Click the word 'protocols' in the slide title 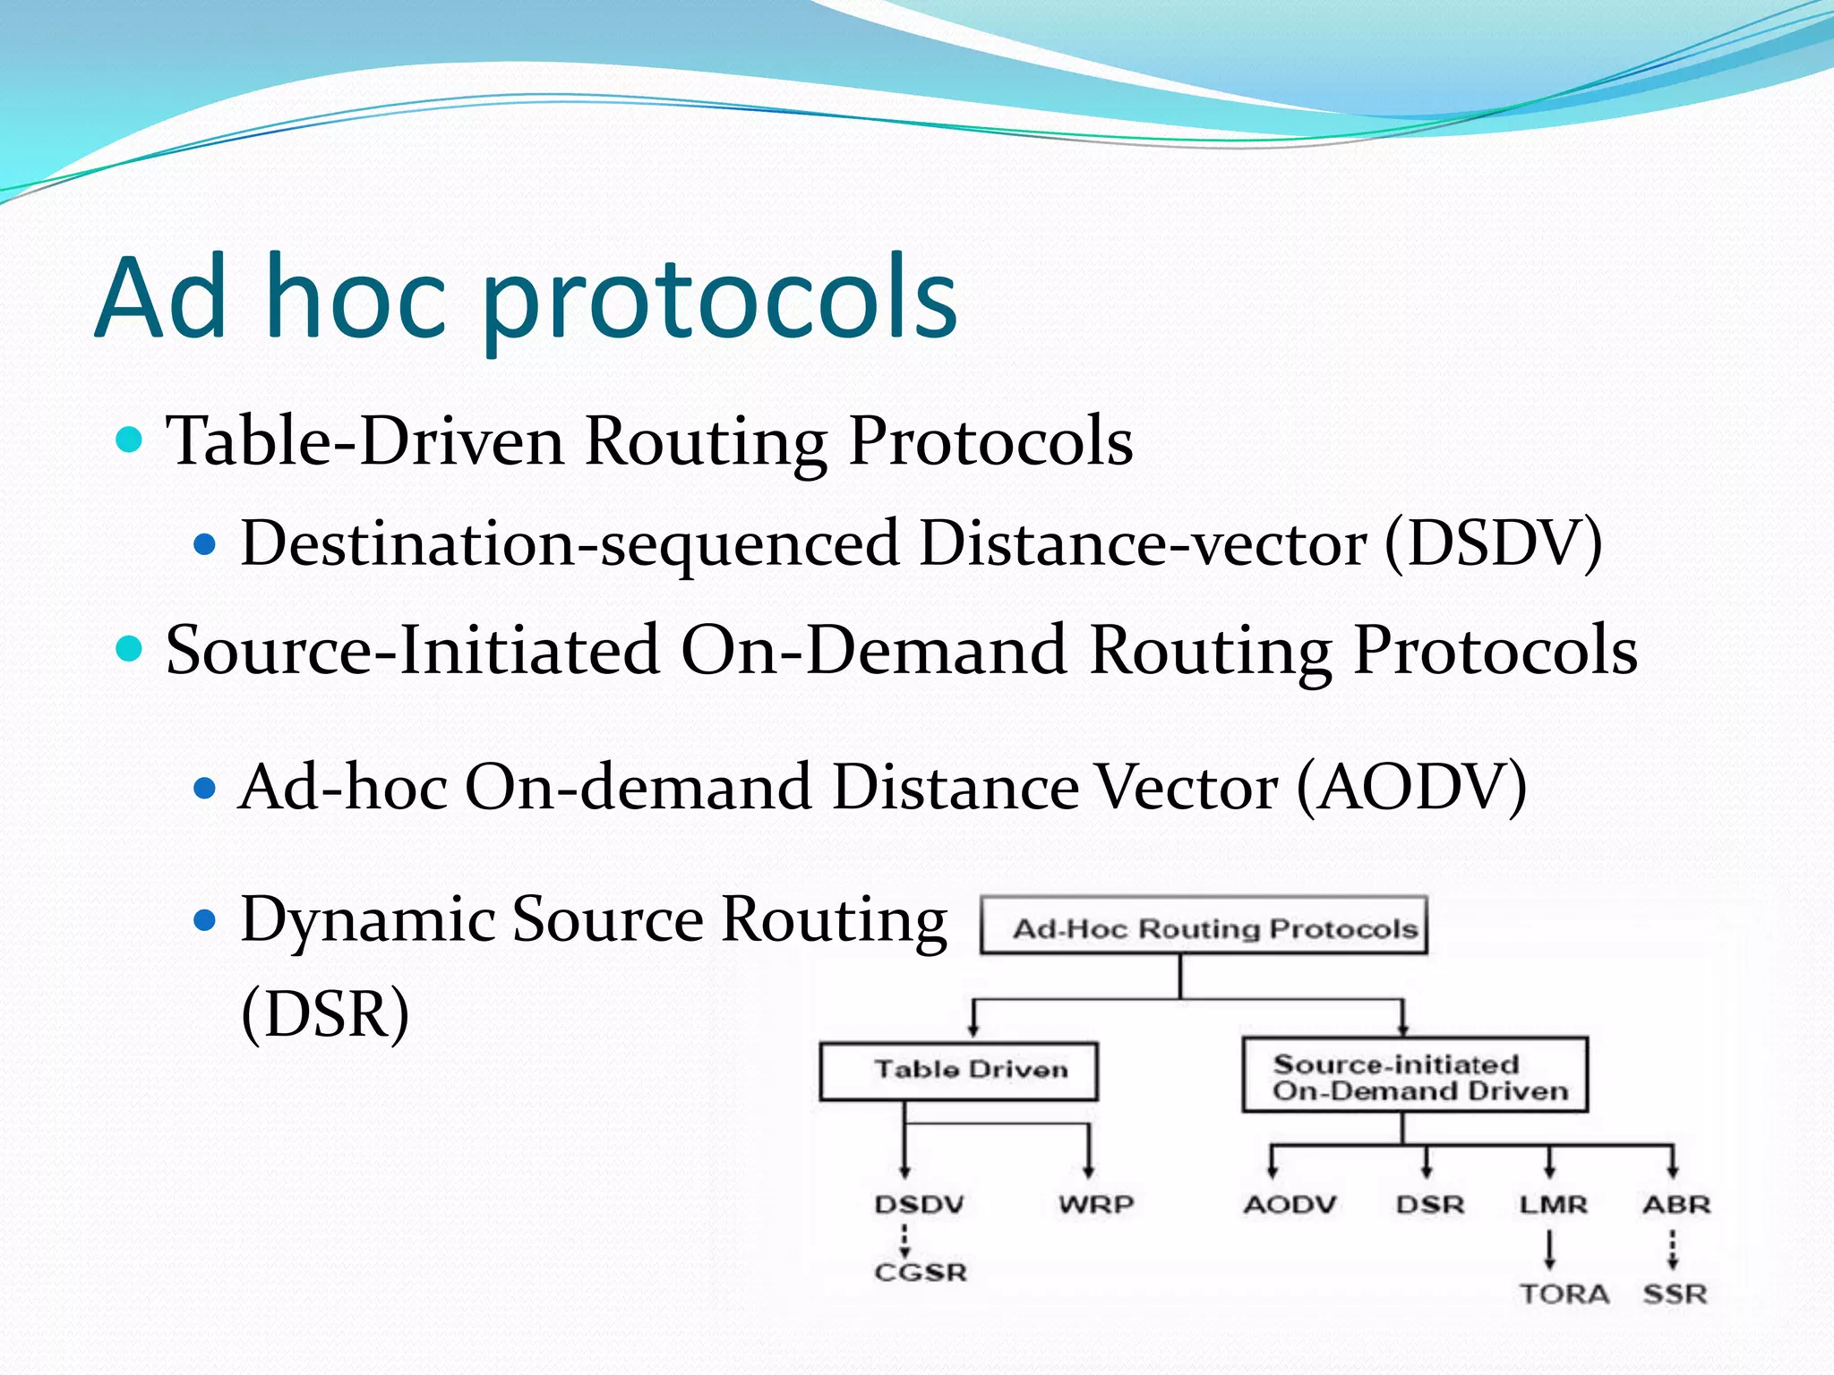click(x=721, y=300)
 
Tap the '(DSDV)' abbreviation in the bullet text click(x=1494, y=543)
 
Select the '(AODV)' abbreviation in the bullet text click(x=1412, y=787)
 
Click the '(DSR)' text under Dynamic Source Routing click(x=326, y=1014)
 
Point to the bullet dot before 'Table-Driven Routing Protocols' click(x=130, y=440)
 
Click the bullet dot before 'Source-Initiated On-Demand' click(x=130, y=649)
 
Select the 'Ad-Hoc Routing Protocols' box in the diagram click(x=1204, y=927)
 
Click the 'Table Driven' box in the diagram click(x=958, y=1071)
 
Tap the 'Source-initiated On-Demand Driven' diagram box click(x=1415, y=1077)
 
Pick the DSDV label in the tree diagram click(x=919, y=1205)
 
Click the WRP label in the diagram click(x=1096, y=1205)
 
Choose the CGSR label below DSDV click(x=921, y=1273)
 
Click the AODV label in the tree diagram click(x=1290, y=1205)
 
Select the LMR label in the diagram click(x=1553, y=1205)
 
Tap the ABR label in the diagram click(x=1675, y=1205)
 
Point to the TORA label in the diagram click(x=1564, y=1294)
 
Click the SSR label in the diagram click(x=1675, y=1294)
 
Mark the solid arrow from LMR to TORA click(x=1550, y=1250)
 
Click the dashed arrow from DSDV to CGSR click(x=904, y=1241)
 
